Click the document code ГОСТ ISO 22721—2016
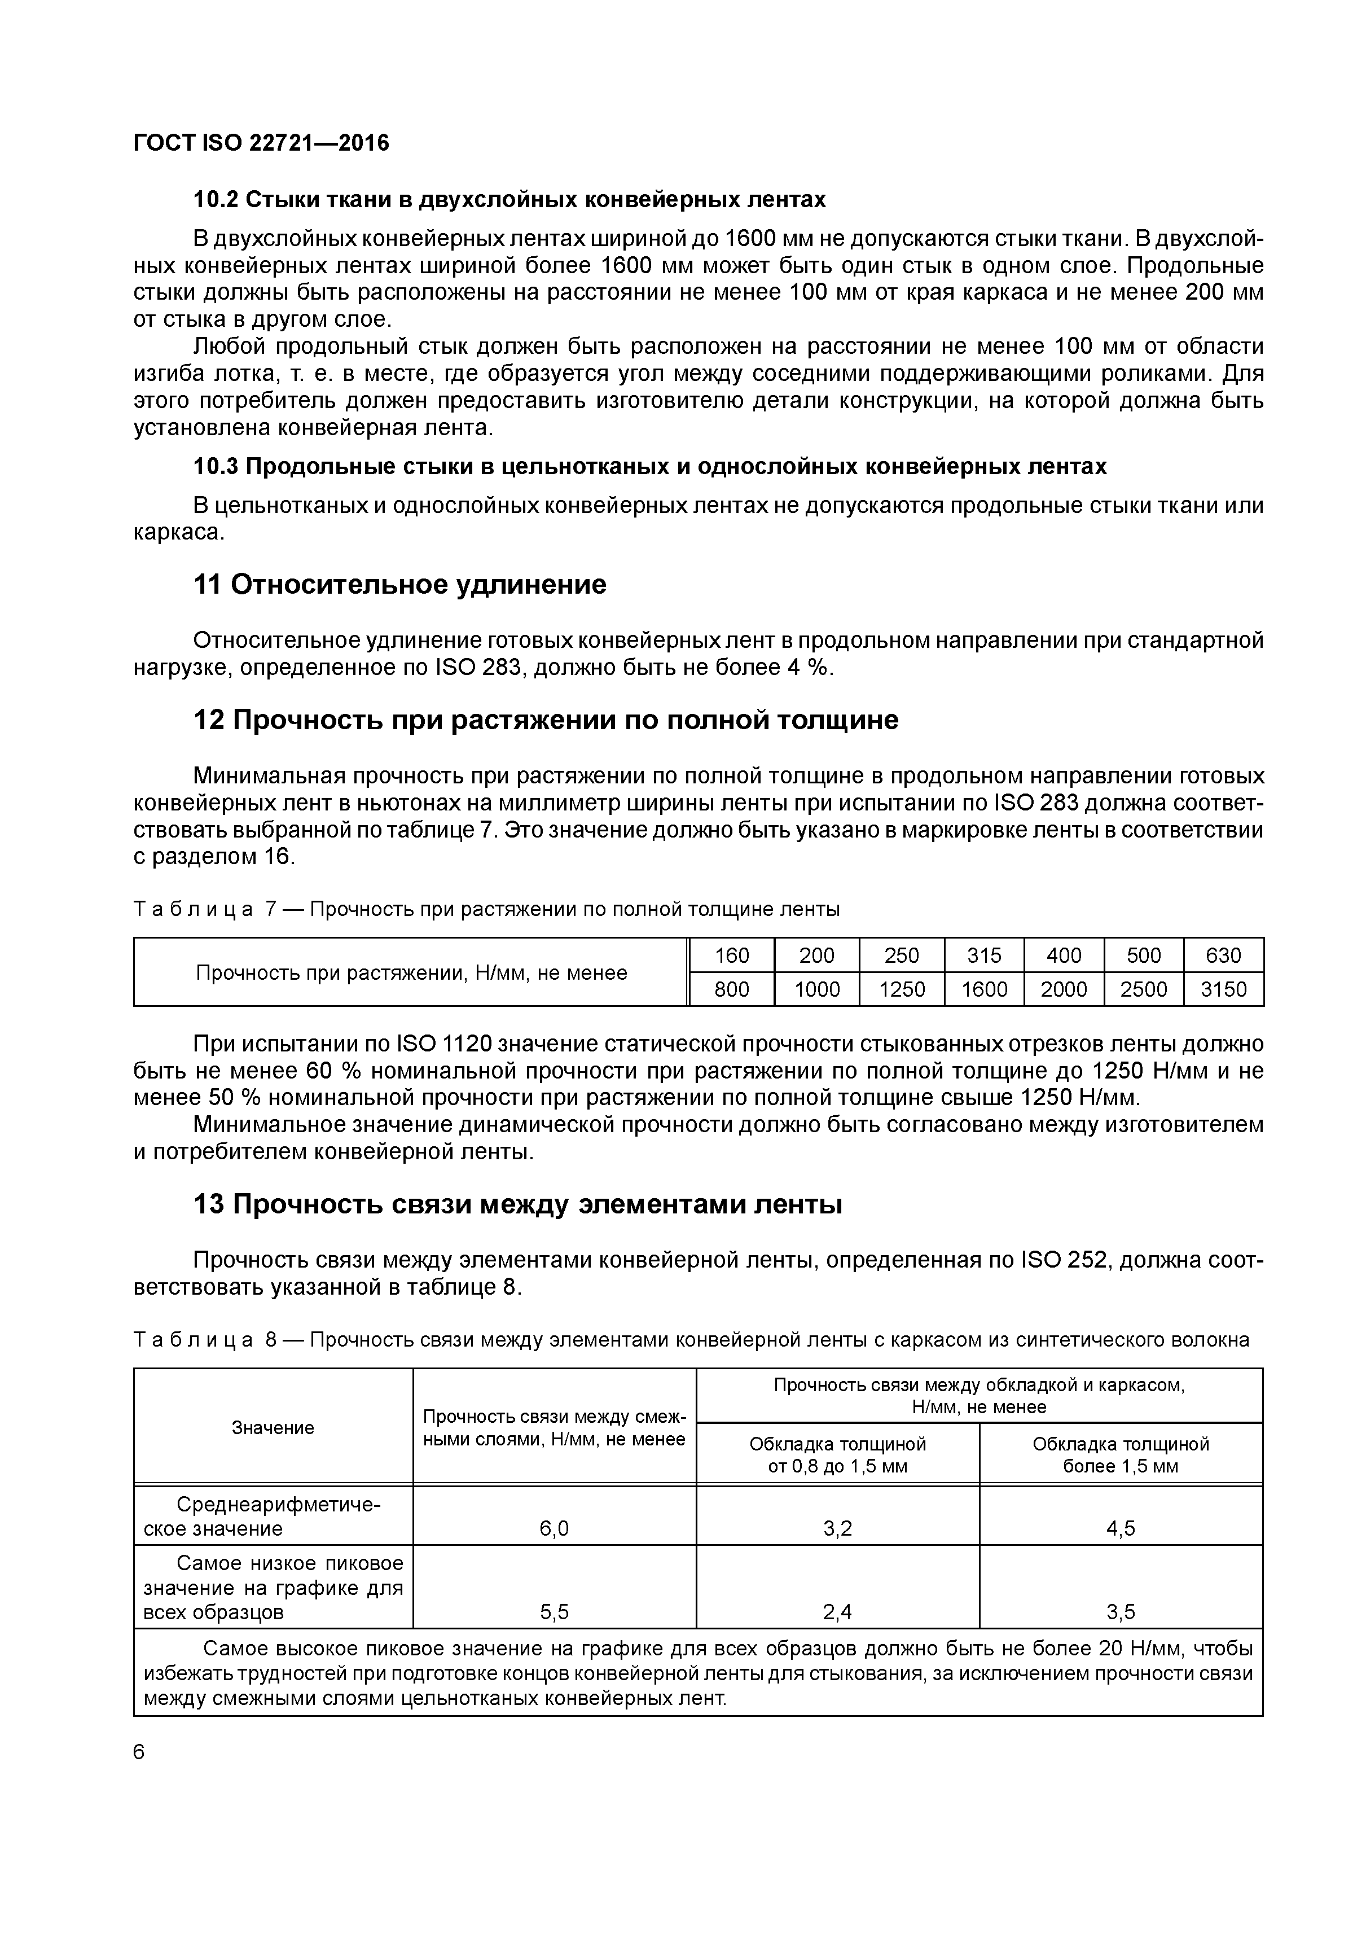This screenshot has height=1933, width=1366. point(261,143)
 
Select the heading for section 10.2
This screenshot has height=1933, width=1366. point(509,200)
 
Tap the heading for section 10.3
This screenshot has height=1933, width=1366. point(650,466)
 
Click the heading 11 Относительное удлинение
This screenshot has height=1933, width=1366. point(400,584)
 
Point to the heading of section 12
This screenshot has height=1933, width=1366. point(546,720)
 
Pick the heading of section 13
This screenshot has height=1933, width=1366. point(517,1205)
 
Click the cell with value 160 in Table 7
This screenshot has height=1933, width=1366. point(731,955)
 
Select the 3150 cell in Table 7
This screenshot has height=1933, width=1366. point(1223,989)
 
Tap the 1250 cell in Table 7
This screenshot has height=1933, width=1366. point(902,989)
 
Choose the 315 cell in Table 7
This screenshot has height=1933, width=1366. point(984,955)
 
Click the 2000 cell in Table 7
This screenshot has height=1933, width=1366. point(1064,989)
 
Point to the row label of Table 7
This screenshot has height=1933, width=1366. point(411,972)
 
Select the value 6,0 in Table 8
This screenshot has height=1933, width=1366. point(554,1528)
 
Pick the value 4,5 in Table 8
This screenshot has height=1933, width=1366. point(1121,1528)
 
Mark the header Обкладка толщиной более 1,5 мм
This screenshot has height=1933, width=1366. point(1121,1455)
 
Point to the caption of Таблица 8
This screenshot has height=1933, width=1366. point(690,1339)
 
